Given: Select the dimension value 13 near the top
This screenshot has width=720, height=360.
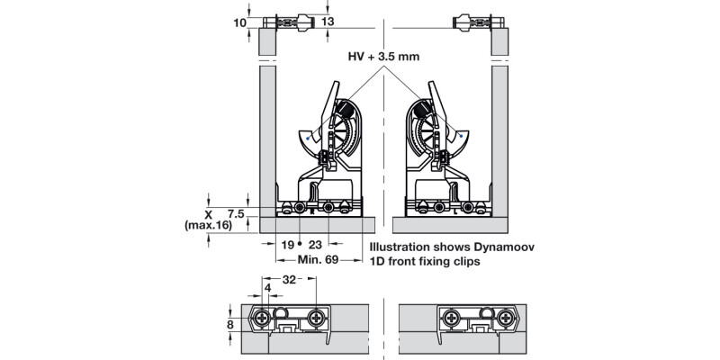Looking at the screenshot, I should pos(327,22).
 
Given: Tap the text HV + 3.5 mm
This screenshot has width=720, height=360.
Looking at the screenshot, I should pos(385,56).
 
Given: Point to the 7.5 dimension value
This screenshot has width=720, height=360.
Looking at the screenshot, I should pos(236,213).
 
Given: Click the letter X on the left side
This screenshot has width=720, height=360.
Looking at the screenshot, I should pos(208,214).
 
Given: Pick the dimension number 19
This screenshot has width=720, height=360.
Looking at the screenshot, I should pos(285,244).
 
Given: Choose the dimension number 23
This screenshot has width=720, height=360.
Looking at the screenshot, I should pos(316,244).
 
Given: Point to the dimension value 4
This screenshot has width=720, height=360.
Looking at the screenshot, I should pos(267,288).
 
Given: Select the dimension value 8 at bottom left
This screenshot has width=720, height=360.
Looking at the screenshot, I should pos(229,325).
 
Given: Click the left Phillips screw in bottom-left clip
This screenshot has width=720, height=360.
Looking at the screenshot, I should pos(263,318).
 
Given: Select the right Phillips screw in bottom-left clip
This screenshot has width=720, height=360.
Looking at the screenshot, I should pos(316,318).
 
